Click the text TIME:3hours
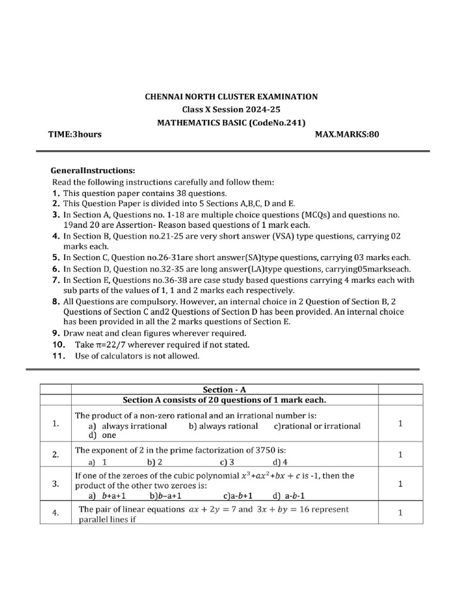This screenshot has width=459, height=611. point(75,134)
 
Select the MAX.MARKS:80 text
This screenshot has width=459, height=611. point(347,134)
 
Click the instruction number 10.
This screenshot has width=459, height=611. point(57,344)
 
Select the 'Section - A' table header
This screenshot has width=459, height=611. point(225,389)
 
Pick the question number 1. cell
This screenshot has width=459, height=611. point(55,424)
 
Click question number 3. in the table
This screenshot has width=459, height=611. point(55,484)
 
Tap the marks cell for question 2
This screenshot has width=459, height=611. point(400,455)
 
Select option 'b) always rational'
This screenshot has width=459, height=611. point(223,426)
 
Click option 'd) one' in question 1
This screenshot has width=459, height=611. point(102,436)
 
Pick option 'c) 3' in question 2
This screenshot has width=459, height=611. point(227,462)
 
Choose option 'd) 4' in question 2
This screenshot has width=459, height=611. point(280,462)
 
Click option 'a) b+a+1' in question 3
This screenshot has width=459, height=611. point(107,495)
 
